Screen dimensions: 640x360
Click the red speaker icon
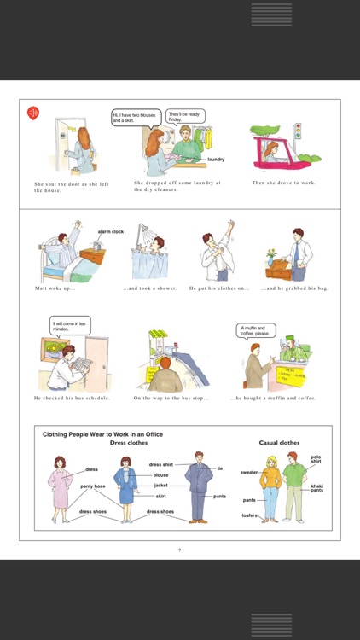coord(32,113)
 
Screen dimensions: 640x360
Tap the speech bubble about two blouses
coord(130,118)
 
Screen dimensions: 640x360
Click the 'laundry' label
coord(216,159)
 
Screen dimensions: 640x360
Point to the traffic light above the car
coord(297,131)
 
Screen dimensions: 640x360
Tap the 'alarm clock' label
coord(111,231)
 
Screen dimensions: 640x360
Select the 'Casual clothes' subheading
coord(279,443)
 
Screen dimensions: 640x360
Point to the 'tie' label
coord(219,468)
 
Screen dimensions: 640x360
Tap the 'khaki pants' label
coord(316,488)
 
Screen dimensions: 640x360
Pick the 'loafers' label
coord(249,515)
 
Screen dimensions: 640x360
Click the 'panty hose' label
coord(92,486)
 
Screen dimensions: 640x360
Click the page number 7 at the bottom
coord(179,550)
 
